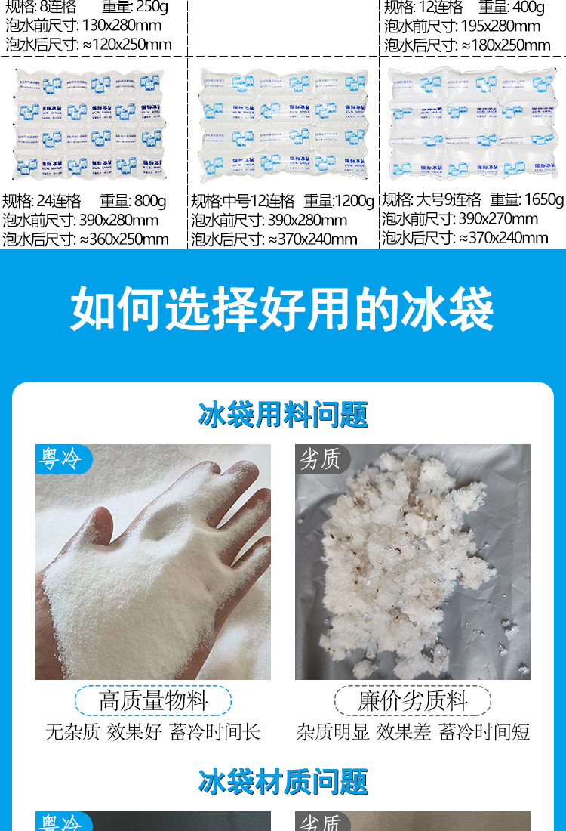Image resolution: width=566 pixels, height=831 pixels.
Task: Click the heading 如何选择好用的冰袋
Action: pos(282,308)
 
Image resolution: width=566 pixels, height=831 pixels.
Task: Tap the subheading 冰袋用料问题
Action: pos(283,415)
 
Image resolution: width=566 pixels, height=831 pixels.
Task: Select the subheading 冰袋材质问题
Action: pos(283,782)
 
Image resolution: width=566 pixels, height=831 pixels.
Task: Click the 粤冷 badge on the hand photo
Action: pos(61,459)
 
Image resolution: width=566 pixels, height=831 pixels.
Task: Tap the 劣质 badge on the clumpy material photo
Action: pos(321,459)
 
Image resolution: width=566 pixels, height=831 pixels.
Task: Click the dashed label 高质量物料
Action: pos(153,700)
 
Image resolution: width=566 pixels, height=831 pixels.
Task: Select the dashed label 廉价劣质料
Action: pos(412,700)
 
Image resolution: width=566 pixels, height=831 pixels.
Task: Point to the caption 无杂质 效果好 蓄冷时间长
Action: pos(153,731)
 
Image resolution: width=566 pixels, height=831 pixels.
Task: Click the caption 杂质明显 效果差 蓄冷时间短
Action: pos(413,731)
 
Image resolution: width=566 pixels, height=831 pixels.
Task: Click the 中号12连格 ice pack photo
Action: pos(283,125)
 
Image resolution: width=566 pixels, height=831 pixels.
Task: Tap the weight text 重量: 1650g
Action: pos(527,199)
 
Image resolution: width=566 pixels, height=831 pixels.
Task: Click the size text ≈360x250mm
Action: pos(124,239)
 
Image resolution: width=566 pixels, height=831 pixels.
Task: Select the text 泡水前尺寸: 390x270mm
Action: pos(460,219)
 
